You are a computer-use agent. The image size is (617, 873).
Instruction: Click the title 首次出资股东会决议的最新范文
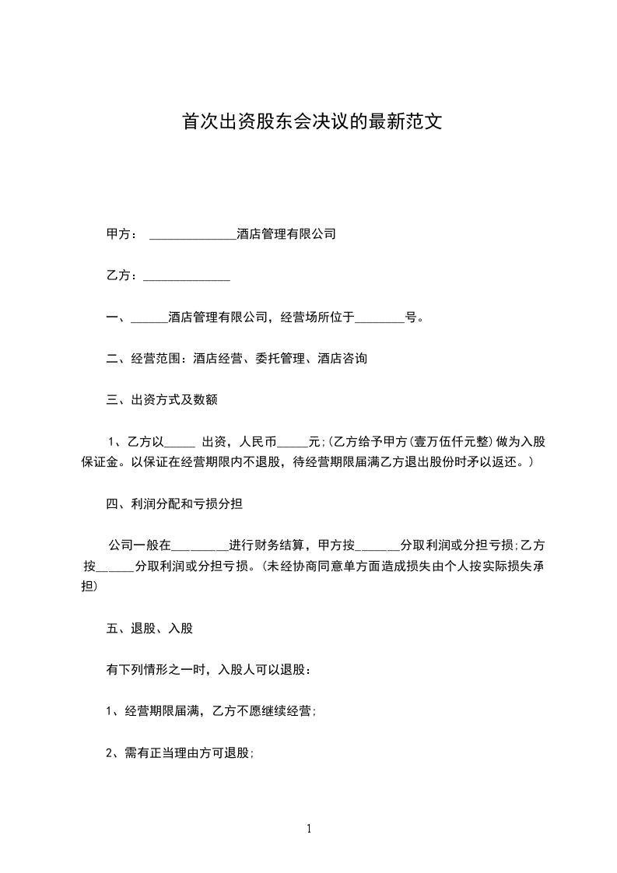(x=311, y=122)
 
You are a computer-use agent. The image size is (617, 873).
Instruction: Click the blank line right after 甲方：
(x=191, y=234)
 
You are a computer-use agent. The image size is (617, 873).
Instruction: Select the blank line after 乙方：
(x=187, y=276)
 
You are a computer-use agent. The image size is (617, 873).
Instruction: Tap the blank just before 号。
(x=380, y=318)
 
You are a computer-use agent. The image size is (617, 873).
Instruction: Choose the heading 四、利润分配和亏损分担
(x=174, y=504)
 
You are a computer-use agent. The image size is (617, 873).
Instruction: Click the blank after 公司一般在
(x=198, y=545)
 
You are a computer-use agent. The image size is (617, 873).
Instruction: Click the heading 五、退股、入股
(x=149, y=628)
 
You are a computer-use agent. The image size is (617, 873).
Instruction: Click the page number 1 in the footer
(x=309, y=829)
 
